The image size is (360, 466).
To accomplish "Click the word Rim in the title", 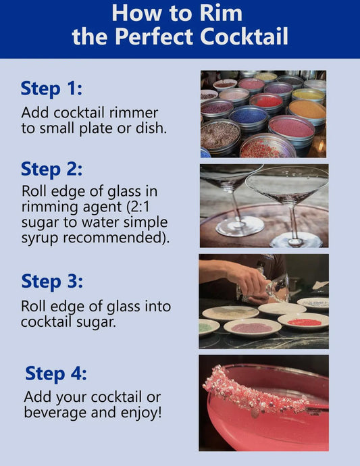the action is click(x=221, y=14).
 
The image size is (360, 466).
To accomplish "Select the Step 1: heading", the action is click(x=51, y=89).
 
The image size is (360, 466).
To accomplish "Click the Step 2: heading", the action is click(x=51, y=170).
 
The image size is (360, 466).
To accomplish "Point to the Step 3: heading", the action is click(x=52, y=282).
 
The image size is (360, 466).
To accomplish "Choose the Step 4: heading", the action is click(x=56, y=373).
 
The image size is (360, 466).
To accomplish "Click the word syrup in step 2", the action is click(x=40, y=238).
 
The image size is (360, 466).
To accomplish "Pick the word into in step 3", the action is click(x=157, y=306).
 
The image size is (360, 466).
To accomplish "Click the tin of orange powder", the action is click(x=307, y=111).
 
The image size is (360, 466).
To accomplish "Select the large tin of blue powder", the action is click(x=249, y=118).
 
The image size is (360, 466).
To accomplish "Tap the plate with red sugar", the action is click(x=303, y=321).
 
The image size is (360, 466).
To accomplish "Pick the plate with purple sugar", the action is click(x=252, y=328).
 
